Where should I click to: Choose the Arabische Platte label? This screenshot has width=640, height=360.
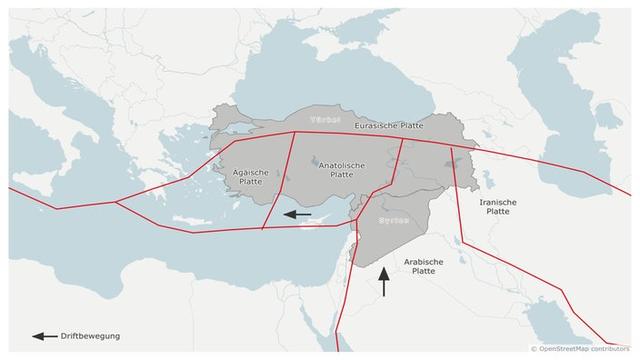423,266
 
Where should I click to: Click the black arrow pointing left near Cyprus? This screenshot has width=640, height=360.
298,213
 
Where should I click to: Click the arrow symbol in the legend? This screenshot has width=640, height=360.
44,336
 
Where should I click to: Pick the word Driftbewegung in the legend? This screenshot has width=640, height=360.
91,336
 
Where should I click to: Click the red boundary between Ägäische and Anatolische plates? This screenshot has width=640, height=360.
279,180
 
